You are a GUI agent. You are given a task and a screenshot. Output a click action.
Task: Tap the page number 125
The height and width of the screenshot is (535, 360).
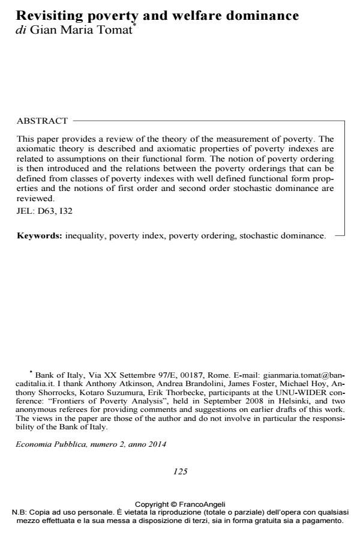(180, 471)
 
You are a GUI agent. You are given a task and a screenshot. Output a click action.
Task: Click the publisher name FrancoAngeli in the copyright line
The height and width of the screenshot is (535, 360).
(204, 506)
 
